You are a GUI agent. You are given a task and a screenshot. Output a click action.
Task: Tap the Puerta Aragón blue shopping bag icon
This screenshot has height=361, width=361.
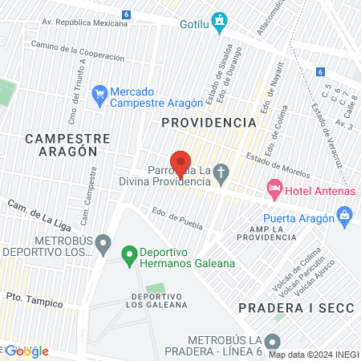click(345, 214)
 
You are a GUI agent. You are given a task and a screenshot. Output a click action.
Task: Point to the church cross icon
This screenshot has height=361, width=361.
click(222, 171)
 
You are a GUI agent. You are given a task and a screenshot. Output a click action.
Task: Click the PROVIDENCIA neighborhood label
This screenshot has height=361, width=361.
click(209, 123)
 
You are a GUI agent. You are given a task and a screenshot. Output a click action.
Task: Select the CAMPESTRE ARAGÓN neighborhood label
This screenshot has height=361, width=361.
click(61, 144)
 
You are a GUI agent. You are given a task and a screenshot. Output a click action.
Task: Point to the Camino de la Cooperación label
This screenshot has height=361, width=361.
click(78, 51)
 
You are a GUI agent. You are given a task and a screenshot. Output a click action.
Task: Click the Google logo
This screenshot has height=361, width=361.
click(26, 351)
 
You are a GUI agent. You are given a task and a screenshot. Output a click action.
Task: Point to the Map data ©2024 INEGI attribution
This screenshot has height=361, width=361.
click(313, 354)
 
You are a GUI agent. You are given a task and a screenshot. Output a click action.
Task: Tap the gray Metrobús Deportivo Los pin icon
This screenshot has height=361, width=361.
click(103, 242)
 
